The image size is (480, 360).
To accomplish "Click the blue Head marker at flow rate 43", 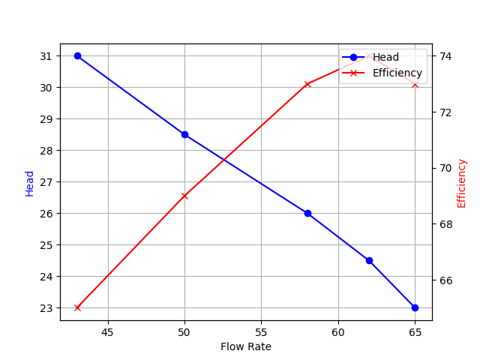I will [77, 56].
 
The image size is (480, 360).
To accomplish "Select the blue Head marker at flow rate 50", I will [184, 134].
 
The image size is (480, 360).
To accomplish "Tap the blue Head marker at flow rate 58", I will [307, 213].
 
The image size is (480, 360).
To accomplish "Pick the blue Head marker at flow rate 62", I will [369, 260].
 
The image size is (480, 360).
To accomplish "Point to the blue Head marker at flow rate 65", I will [415, 307].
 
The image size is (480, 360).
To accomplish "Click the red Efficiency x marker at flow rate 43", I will [77, 307].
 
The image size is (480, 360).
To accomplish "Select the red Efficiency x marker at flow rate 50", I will [184, 196].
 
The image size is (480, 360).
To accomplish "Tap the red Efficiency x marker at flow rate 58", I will [307, 84].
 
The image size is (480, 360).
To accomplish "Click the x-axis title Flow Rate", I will [246, 347].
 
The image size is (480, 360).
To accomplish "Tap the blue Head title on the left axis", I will [30, 183].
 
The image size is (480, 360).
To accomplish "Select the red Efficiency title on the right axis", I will [462, 183].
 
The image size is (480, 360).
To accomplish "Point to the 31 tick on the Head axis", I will [46, 56].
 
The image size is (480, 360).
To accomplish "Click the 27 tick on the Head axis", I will [46, 182].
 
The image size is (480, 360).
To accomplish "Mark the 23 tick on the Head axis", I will [46, 308].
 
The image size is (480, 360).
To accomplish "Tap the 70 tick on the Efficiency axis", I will [445, 168].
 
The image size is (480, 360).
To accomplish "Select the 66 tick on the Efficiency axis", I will [445, 280].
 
